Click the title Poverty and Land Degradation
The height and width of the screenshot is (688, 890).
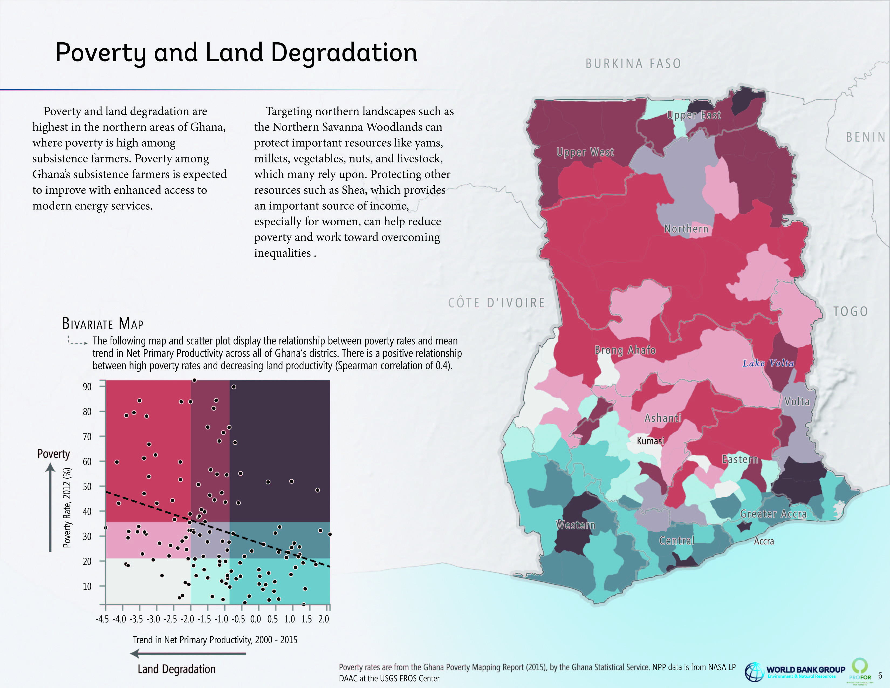pos(236,53)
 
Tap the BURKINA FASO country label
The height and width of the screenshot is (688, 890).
pos(633,64)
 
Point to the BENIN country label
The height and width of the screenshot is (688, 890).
pos(866,137)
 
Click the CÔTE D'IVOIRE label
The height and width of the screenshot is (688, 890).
pos(496,303)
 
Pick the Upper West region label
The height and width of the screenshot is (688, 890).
pos(585,152)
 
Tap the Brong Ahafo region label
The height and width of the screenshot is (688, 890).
pos(625,350)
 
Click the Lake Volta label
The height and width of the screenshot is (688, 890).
pos(768,363)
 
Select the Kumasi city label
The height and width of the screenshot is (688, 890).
pos(651,441)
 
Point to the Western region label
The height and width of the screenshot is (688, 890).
pos(576,525)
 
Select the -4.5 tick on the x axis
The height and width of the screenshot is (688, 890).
pos(102,619)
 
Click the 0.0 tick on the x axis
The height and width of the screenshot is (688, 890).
pos(255,619)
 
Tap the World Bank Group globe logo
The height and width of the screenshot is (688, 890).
pos(754,672)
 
